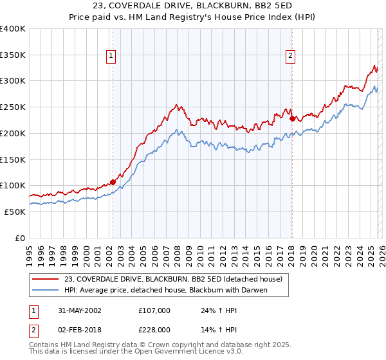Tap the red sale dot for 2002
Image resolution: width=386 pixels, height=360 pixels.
(x=113, y=182)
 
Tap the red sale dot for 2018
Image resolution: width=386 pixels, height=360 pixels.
(x=292, y=118)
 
